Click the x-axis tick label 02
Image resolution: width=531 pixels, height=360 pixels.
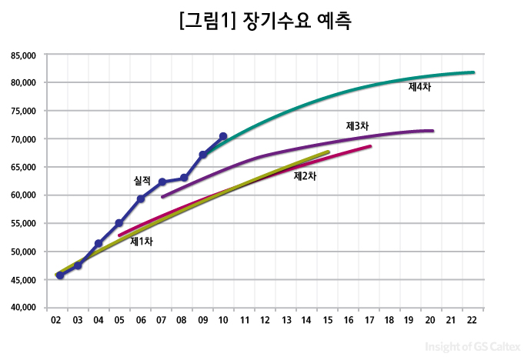[56, 319]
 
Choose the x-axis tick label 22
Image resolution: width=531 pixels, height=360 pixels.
[472, 319]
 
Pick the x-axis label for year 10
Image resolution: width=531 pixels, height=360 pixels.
[223, 319]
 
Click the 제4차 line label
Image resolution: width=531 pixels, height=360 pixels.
[419, 87]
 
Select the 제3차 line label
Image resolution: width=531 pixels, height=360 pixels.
[357, 125]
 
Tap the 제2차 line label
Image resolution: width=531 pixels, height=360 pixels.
[305, 176]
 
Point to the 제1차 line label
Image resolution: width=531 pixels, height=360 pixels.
[142, 241]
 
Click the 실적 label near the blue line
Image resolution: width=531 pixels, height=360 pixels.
[142, 181]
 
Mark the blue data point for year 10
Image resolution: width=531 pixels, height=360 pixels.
[223, 136]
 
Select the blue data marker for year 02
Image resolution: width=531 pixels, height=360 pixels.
[60, 275]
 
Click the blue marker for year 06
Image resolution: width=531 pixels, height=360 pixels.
[141, 198]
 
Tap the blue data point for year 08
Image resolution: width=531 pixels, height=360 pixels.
[183, 178]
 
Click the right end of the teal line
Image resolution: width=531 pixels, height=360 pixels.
[473, 72]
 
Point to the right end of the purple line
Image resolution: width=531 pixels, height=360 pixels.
[432, 131]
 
